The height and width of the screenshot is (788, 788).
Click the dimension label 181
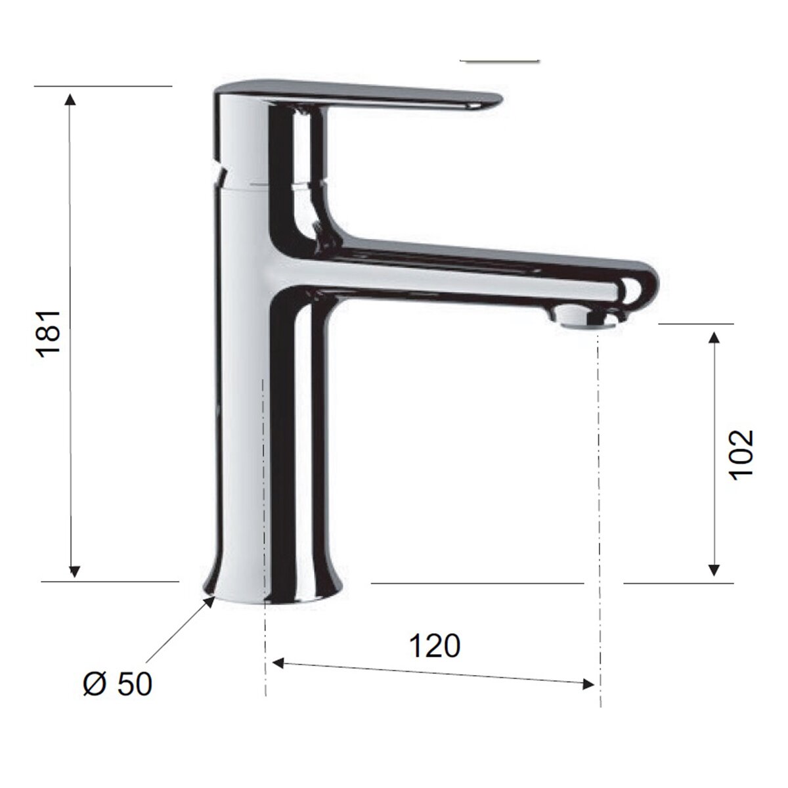[x=49, y=334]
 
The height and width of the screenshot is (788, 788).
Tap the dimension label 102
[x=741, y=454]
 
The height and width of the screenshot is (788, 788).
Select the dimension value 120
[x=434, y=646]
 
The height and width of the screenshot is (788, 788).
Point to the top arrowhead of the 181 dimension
[x=70, y=99]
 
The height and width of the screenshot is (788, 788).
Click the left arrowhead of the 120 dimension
[x=278, y=663]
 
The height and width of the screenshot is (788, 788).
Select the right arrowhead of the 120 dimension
[x=588, y=684]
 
